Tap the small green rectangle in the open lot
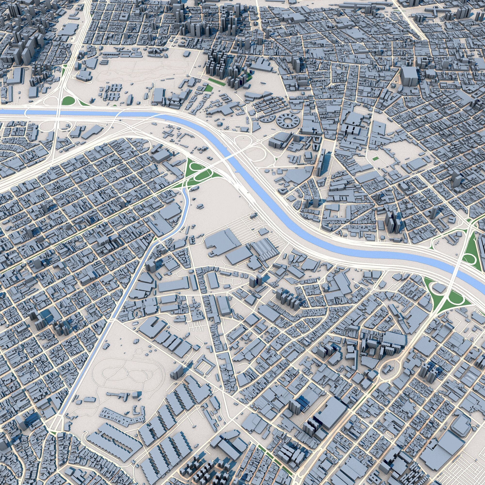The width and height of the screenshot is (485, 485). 376,159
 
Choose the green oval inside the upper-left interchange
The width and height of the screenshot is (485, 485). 68,101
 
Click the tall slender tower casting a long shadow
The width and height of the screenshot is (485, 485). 321,162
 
